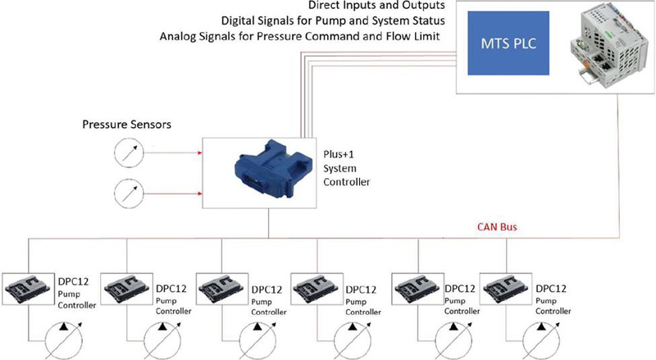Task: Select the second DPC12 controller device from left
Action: (123, 289)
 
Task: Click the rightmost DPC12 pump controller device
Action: (505, 289)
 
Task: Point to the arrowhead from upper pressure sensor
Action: (200, 152)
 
